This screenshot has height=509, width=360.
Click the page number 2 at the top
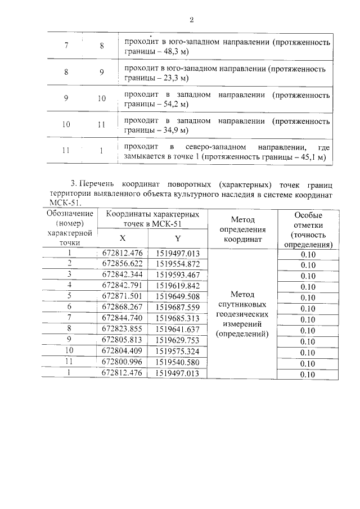[x=191, y=20]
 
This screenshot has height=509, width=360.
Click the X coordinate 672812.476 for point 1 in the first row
[x=122, y=254]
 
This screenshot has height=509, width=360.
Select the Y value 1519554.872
[x=178, y=264]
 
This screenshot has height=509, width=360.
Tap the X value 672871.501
[x=122, y=296]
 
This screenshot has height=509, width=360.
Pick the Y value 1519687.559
[x=178, y=307]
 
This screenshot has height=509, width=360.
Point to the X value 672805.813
[x=122, y=340]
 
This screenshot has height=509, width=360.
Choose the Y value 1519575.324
[x=178, y=351]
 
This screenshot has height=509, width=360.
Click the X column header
[x=122, y=238]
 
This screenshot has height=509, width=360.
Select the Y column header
[x=178, y=238]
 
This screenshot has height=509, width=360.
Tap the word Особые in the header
[x=308, y=216]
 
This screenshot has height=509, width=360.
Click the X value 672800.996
[x=122, y=361]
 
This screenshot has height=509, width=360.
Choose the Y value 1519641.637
[x=178, y=329]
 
